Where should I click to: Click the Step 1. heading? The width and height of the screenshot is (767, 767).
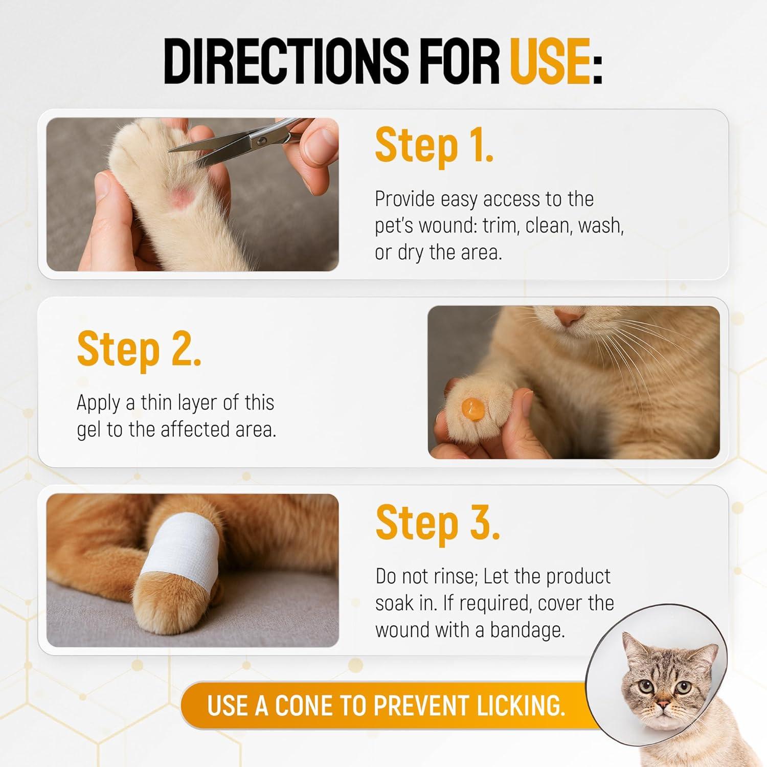[x=434, y=145]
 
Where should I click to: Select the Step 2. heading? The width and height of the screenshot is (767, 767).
[x=139, y=349]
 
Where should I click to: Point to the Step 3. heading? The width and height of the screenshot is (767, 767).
[x=438, y=523]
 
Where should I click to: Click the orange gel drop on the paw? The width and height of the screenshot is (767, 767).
[x=471, y=409]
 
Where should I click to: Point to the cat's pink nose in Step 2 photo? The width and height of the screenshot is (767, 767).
[x=569, y=317]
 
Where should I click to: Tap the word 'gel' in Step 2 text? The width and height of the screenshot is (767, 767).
[x=88, y=430]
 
